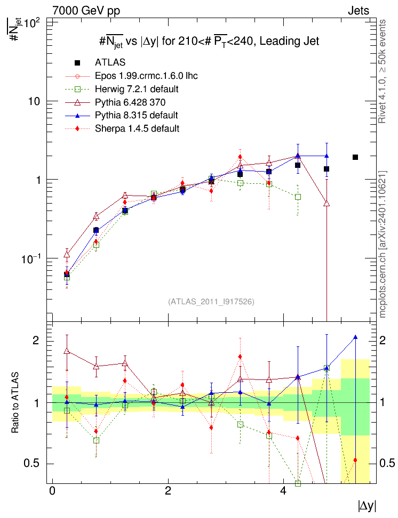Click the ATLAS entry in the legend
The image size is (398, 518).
[110, 62]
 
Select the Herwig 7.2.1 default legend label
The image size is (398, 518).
[137, 89]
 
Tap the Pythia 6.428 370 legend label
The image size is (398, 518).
[130, 102]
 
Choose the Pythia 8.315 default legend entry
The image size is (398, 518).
[136, 115]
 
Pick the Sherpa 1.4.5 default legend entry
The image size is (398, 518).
[137, 128]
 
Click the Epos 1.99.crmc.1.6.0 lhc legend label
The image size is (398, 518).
[146, 76]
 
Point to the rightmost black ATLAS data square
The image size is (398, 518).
[355, 157]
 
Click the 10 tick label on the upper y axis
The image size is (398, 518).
[34, 101]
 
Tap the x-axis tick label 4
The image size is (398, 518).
[283, 491]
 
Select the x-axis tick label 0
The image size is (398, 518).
[52, 491]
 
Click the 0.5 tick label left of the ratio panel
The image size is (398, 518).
[32, 464]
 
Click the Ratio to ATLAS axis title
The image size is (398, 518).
[15, 403]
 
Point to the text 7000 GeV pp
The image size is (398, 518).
[86, 11]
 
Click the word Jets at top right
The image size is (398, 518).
[359, 11]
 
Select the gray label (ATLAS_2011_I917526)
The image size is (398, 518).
[211, 302]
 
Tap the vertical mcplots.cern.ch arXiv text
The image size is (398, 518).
[383, 244]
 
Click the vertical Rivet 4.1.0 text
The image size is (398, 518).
[383, 71]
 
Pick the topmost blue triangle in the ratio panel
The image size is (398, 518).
[355, 337]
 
